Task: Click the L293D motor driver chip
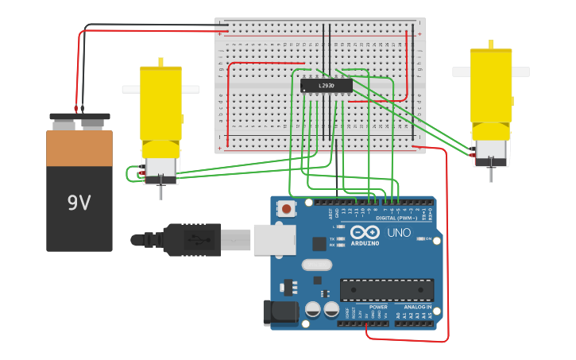[326, 86]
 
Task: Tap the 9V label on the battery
[79, 203]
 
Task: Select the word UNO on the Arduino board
[398, 233]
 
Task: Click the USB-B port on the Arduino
[274, 239]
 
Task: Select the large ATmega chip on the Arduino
[387, 290]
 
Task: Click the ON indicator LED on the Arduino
[419, 238]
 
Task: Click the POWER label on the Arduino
[378, 307]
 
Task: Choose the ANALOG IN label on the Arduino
[417, 307]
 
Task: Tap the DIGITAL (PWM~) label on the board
[396, 218]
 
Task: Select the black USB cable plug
[191, 239]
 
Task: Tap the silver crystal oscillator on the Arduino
[316, 265]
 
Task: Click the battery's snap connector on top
[79, 121]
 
